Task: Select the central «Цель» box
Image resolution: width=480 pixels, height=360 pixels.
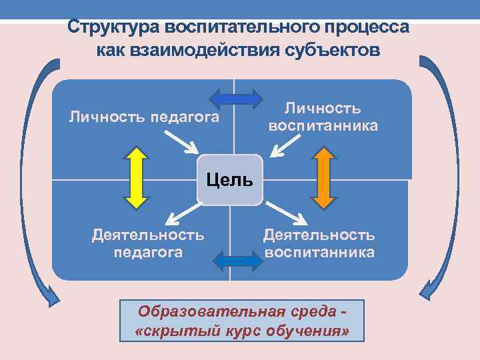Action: pyautogui.click(x=229, y=179)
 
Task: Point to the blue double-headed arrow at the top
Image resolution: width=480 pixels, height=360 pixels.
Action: pyautogui.click(x=235, y=99)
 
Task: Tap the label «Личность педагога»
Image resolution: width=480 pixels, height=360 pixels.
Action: pyautogui.click(x=145, y=117)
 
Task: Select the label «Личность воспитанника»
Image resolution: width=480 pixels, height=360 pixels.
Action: pyautogui.click(x=323, y=117)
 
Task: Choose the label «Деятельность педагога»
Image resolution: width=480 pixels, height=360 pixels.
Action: pyautogui.click(x=148, y=243)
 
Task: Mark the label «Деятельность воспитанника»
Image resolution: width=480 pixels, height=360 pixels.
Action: pyautogui.click(x=319, y=243)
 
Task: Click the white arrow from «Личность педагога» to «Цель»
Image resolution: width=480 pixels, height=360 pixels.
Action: pyautogui.click(x=181, y=141)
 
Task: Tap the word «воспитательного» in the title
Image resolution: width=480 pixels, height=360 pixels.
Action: pyautogui.click(x=230, y=28)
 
